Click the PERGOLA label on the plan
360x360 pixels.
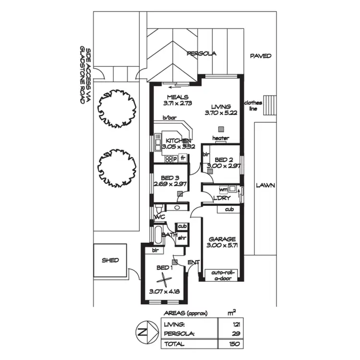(x=202, y=54)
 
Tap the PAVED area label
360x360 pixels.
(x=261, y=56)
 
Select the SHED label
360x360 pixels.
(x=110, y=260)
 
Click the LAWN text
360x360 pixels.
(x=265, y=185)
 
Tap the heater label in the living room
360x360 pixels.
(x=221, y=138)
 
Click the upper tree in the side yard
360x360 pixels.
(x=115, y=108)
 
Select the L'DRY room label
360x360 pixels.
(x=223, y=197)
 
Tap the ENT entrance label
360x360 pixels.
(x=193, y=262)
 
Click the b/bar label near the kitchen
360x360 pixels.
(x=169, y=118)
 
